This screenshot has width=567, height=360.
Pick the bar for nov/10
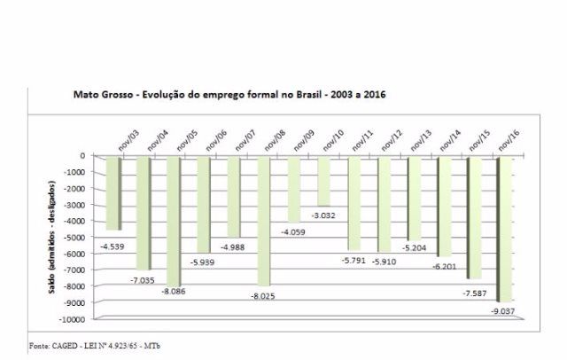(x=324, y=181)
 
